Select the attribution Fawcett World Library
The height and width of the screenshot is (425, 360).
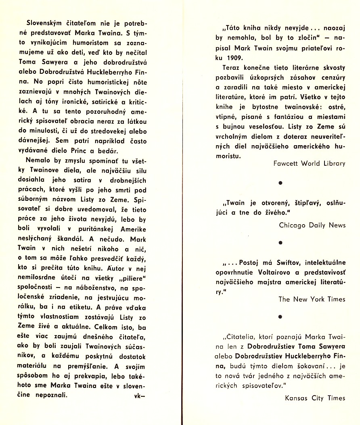[x=309, y=163]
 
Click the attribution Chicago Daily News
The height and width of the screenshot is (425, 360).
[x=312, y=225]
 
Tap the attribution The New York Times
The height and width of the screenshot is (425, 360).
[x=312, y=299]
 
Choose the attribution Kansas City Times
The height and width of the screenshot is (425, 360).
[x=315, y=398]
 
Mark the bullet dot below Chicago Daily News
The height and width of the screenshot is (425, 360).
[x=280, y=242]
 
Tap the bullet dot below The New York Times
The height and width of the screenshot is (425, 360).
[x=280, y=317]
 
